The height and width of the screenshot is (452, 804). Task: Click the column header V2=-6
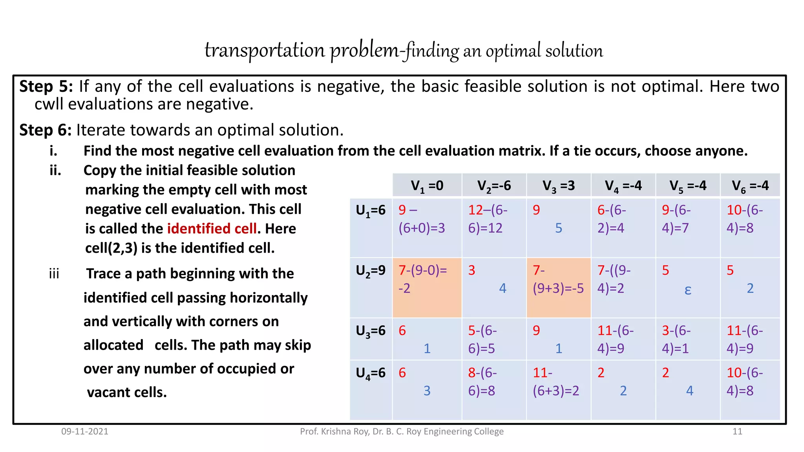coord(494,186)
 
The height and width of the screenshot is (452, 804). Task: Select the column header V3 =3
coord(558,186)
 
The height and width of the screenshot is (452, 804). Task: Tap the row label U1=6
coord(371,211)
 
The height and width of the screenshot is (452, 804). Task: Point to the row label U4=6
coord(371,373)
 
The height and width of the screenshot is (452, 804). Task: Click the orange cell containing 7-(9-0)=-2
coord(427,287)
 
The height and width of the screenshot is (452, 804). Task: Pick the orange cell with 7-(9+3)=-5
coord(558,287)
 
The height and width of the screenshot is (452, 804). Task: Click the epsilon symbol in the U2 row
coord(687,290)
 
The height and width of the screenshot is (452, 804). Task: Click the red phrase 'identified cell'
coord(212,229)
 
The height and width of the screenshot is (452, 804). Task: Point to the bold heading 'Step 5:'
coord(46,86)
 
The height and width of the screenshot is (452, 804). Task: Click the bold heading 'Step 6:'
coord(46,130)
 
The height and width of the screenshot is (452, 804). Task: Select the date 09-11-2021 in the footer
coord(85,432)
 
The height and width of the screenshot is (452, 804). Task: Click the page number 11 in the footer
coord(737,432)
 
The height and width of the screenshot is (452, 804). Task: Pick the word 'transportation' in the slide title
coord(265,51)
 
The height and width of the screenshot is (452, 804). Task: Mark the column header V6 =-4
coord(750,186)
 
